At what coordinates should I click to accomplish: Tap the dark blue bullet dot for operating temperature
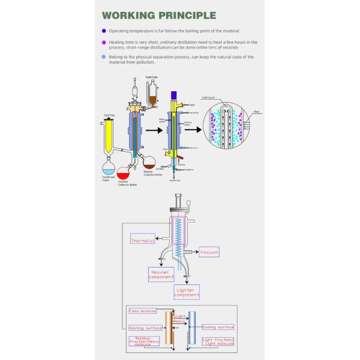104,31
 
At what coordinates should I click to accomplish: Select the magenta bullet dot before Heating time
104,42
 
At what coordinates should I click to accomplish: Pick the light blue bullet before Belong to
104,57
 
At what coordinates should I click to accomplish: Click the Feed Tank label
151,77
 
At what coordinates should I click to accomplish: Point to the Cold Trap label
109,115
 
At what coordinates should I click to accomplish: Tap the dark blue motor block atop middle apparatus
173,94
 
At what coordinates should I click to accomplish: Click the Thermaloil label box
143,241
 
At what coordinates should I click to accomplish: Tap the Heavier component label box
161,274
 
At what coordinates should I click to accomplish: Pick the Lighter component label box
187,292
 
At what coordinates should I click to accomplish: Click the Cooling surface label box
218,327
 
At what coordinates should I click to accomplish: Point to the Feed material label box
143,311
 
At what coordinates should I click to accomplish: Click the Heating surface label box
146,328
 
